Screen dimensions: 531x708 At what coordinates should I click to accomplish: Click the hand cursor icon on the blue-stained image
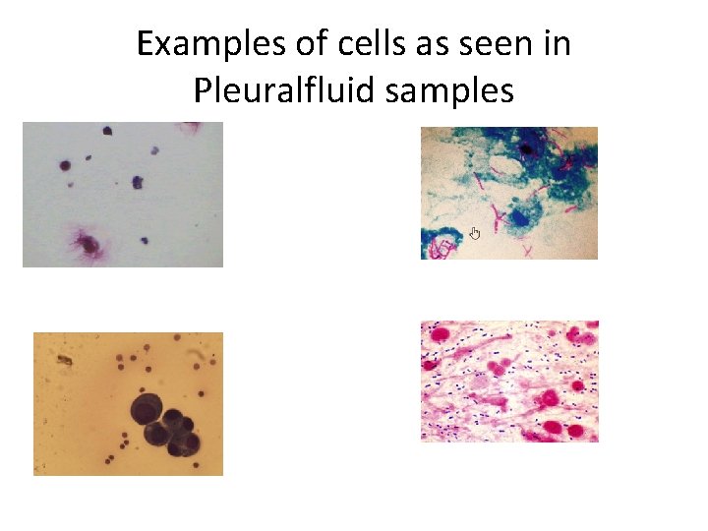pos(474,233)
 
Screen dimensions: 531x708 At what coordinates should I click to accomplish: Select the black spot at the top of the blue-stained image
pos(527,149)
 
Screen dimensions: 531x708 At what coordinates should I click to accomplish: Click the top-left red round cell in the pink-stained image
pos(439,334)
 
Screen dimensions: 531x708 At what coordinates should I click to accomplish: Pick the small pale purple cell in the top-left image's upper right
pos(154,150)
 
